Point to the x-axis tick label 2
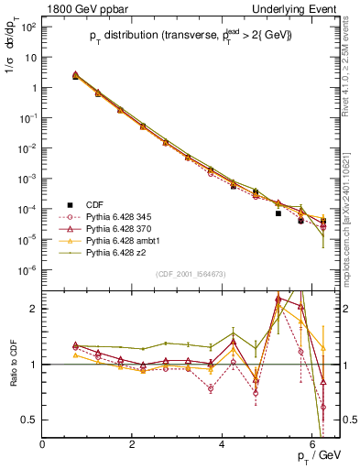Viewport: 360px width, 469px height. click(133, 444)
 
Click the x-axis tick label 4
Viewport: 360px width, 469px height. click(223, 444)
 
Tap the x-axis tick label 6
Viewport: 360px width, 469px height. click(312, 444)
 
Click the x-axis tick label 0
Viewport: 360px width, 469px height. click(43, 444)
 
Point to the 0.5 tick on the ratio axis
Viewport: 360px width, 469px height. click(30, 420)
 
